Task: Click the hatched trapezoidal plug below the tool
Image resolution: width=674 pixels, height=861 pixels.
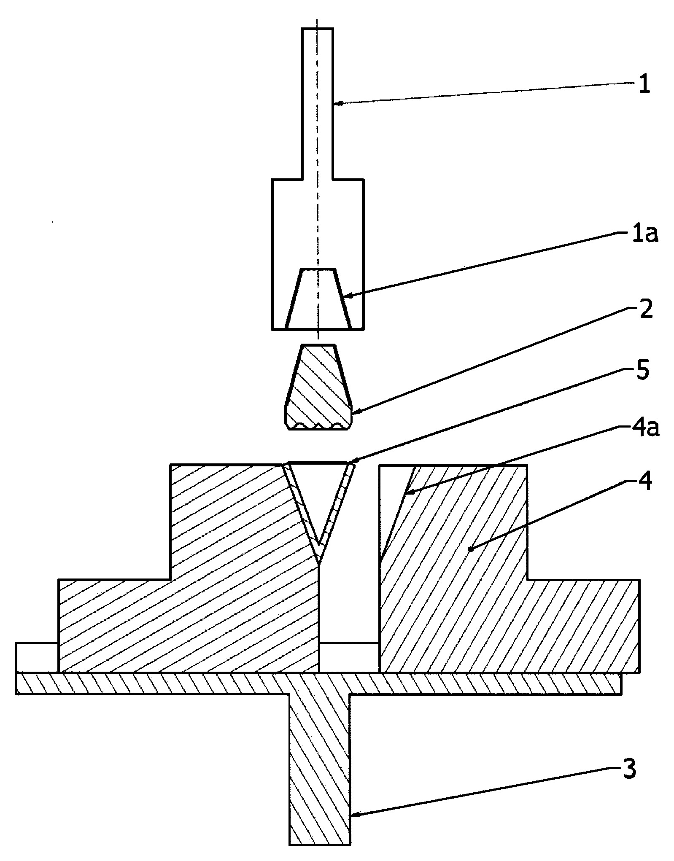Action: coord(318,387)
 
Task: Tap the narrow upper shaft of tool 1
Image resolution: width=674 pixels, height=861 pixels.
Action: coord(318,104)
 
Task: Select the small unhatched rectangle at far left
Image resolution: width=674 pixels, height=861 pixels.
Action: coord(37,657)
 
